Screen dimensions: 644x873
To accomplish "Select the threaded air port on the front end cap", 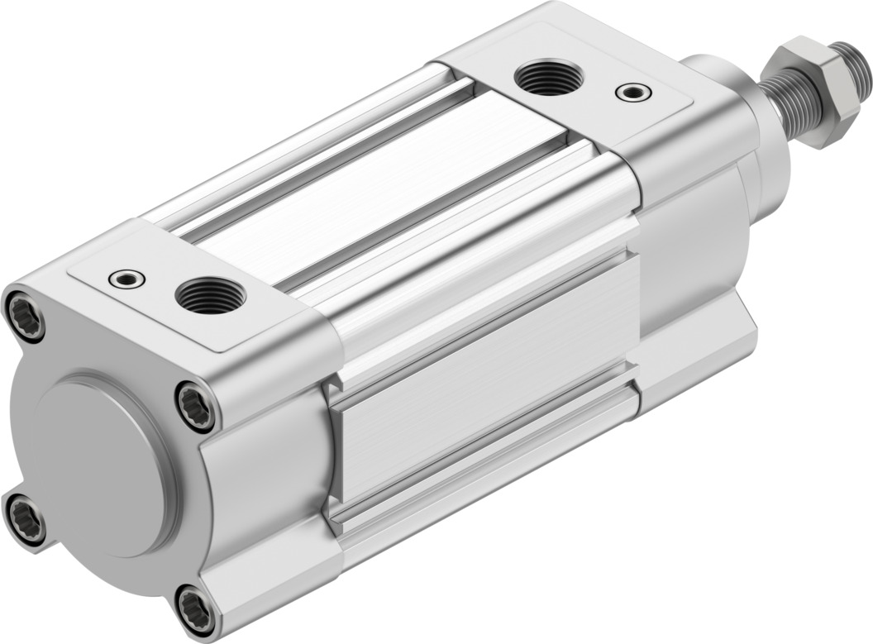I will pyautogui.click(x=548, y=78).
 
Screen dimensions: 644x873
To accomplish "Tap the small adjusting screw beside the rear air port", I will pyautogui.click(x=127, y=279).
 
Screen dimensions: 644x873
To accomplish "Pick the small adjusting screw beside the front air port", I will pyautogui.click(x=632, y=91).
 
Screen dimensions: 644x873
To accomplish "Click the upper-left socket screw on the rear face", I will pyautogui.click(x=24, y=313).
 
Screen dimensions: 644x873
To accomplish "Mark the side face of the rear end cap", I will pyautogui.click(x=265, y=488).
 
